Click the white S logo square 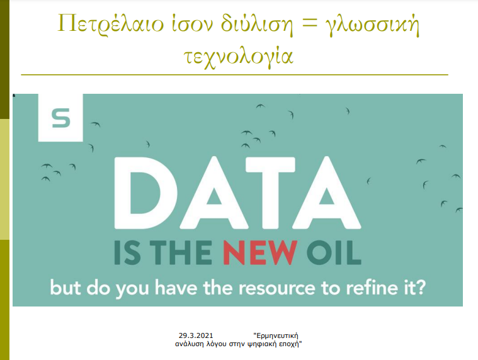(60, 118)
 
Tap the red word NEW (260, 253)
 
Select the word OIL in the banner (334, 253)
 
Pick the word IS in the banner (127, 253)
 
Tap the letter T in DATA (270, 193)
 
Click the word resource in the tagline (277, 288)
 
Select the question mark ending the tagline (419, 287)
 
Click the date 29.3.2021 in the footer (196, 335)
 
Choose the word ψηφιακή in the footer (258, 344)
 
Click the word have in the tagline (176, 287)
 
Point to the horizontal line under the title (234, 74)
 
